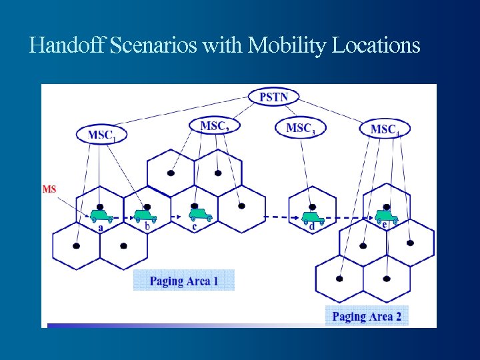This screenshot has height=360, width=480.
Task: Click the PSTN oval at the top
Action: [x=274, y=97]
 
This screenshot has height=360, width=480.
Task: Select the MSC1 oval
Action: [x=102, y=134]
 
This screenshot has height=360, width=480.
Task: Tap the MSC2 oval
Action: [x=215, y=125]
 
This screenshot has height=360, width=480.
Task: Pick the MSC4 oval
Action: [x=385, y=129]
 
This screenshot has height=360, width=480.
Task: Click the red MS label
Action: [x=49, y=189]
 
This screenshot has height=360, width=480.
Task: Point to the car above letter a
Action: [x=101, y=215]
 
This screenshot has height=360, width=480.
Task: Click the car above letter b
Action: [x=144, y=215]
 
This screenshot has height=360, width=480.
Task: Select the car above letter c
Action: [x=199, y=215]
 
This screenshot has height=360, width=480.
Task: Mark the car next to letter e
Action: [x=386, y=215]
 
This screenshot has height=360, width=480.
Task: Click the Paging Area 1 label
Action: [x=184, y=281]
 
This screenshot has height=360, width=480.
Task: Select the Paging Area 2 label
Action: [x=367, y=316]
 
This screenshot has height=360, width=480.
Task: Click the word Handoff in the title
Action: [x=67, y=45]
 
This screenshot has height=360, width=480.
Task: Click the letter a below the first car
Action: [x=101, y=227]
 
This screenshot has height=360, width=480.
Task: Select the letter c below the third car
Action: [x=194, y=227]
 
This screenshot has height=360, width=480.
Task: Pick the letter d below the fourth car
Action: [x=312, y=227]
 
